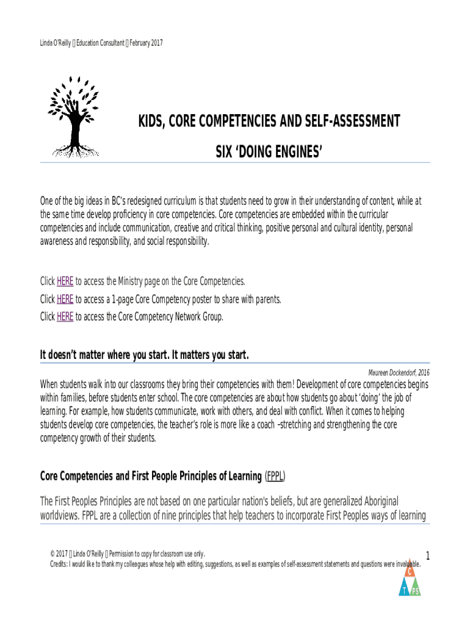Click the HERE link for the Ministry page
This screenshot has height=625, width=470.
pyautogui.click(x=65, y=281)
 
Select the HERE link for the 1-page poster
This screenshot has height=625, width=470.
pyautogui.click(x=65, y=299)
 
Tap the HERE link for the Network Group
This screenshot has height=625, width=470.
pyautogui.click(x=65, y=317)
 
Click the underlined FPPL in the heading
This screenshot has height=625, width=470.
pyautogui.click(x=276, y=475)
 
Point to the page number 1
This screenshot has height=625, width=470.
pyautogui.click(x=428, y=556)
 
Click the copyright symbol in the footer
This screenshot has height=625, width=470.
pyautogui.click(x=53, y=554)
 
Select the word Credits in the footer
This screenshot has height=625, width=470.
pyautogui.click(x=60, y=563)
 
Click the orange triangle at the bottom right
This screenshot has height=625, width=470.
pyautogui.click(x=411, y=572)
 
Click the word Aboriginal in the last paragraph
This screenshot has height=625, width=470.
pyautogui.click(x=375, y=501)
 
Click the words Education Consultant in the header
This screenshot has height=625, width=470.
pyautogui.click(x=94, y=43)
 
